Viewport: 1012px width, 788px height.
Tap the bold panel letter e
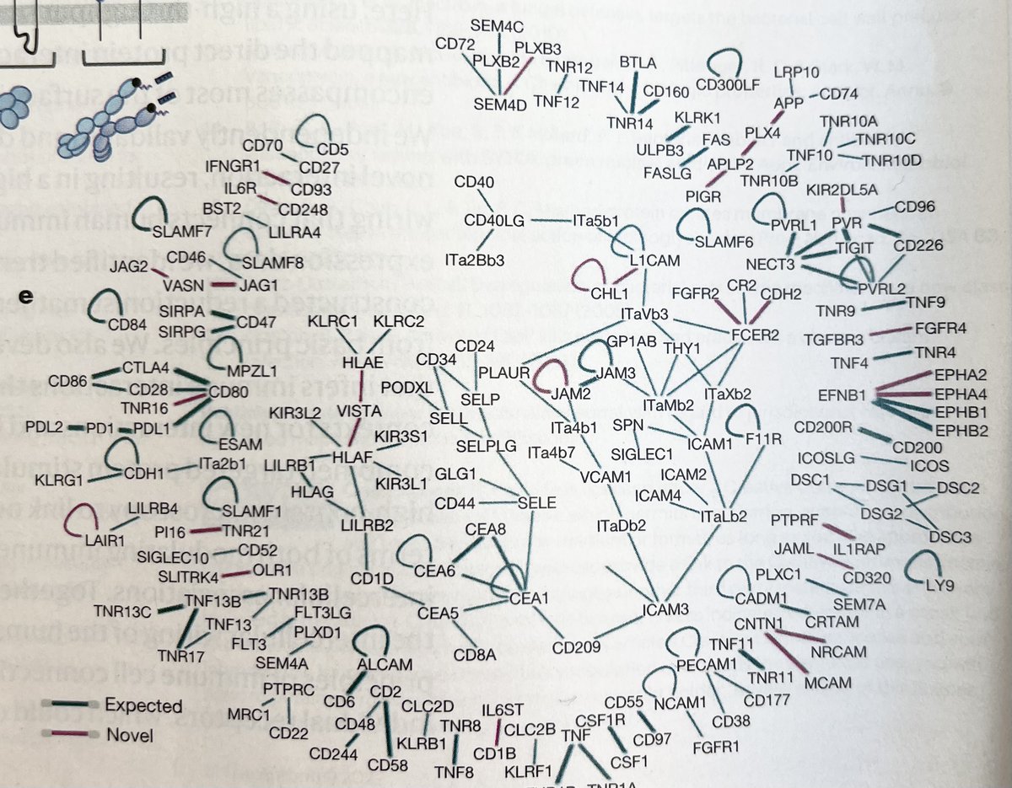click(x=27, y=296)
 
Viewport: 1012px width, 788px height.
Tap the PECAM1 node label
click(x=704, y=666)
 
